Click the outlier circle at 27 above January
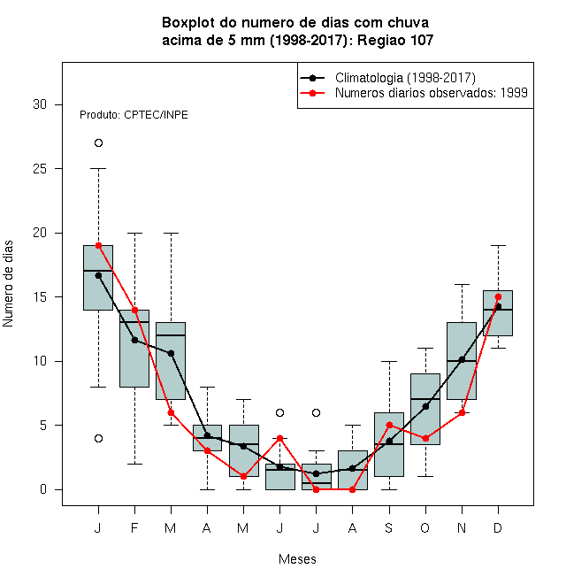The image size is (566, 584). point(98,143)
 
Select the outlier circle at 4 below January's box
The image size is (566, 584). point(98,438)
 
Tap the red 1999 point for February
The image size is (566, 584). point(134,310)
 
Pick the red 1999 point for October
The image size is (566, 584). point(425,438)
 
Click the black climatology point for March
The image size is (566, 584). point(171,353)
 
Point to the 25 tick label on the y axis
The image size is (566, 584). point(40,169)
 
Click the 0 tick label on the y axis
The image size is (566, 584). point(43,489)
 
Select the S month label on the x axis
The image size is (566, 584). point(389,527)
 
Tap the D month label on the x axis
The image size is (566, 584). point(498,527)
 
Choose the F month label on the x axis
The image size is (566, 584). point(134,527)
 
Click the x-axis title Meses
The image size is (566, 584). point(297,559)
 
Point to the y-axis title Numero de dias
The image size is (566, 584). point(8,284)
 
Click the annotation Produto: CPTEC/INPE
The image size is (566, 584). point(134,115)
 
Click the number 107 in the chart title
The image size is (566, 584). point(422,40)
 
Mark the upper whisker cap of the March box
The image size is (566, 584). point(171,233)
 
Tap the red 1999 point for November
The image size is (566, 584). point(462,412)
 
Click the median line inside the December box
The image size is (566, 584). point(498,310)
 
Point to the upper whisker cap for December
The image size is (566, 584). point(498,246)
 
